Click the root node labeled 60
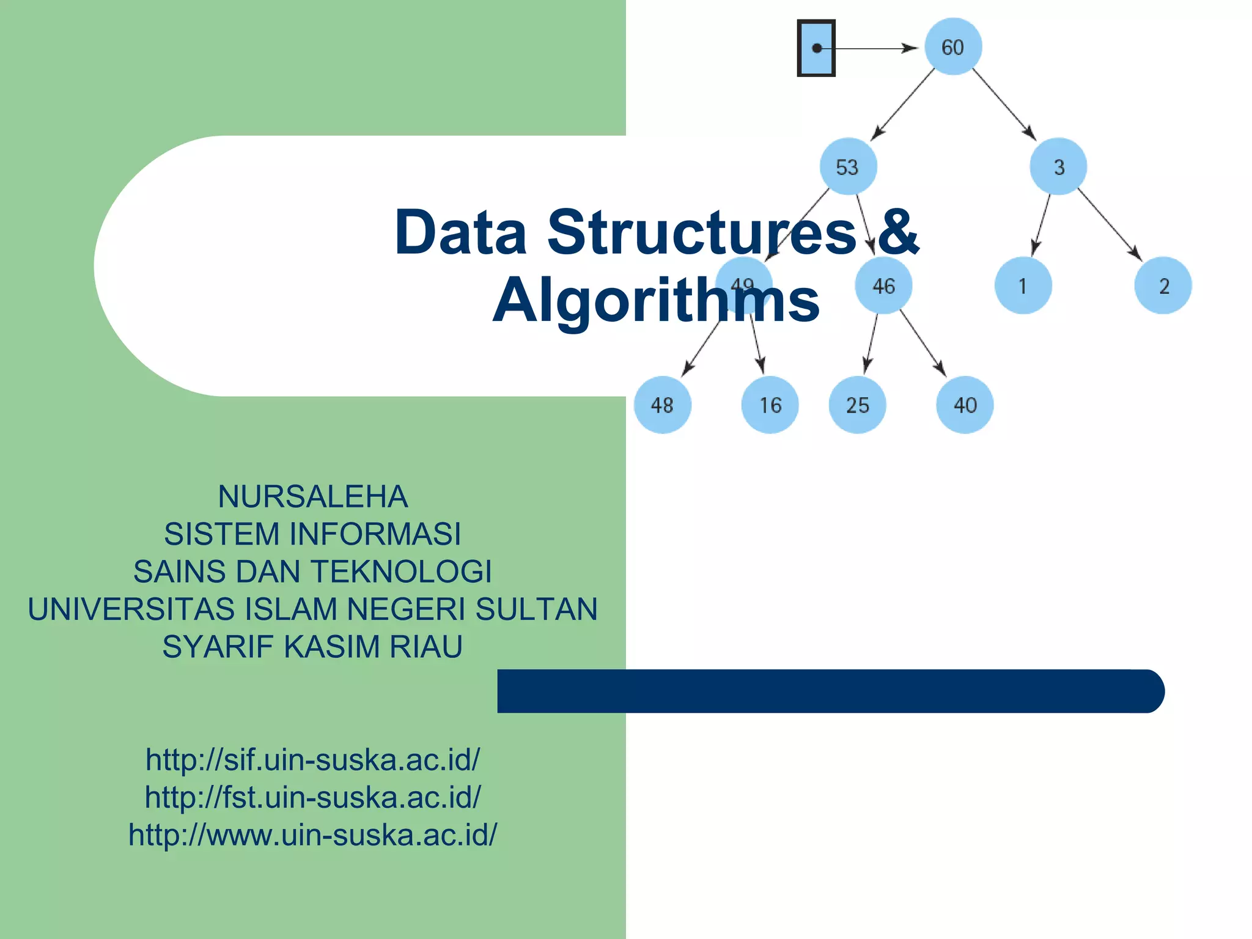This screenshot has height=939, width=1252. (952, 47)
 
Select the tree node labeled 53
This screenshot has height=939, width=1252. (848, 166)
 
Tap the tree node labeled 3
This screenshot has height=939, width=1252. (1058, 166)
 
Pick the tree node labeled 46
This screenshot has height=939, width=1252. (883, 285)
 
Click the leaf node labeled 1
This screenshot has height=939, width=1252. (1023, 285)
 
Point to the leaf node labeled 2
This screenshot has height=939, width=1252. (1163, 285)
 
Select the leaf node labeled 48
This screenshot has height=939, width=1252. (662, 405)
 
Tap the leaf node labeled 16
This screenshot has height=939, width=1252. (770, 405)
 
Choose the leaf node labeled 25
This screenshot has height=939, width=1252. (857, 405)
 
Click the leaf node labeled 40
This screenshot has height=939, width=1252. (965, 405)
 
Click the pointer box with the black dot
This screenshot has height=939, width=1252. (816, 48)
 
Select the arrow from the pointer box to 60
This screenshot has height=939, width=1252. (874, 48)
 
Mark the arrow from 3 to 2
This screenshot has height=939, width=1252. (1109, 225)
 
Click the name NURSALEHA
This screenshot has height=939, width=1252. (312, 496)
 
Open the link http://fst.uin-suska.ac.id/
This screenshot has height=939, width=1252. (312, 797)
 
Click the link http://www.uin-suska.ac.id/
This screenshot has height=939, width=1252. (312, 835)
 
